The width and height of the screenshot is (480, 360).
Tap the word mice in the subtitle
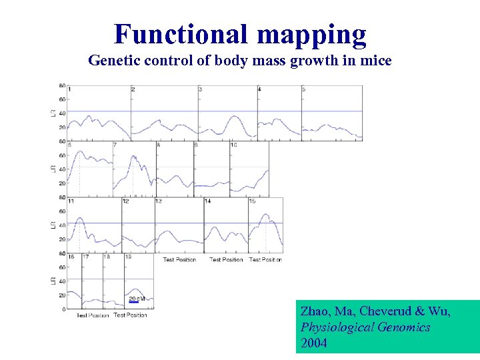pyautogui.click(x=377, y=61)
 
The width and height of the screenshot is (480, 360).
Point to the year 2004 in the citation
pyautogui.click(x=314, y=343)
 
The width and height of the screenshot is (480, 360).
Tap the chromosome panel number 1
pyautogui.click(x=69, y=89)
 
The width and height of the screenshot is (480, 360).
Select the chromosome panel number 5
pyautogui.click(x=304, y=89)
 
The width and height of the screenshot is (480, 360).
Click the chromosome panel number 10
pyautogui.click(x=233, y=145)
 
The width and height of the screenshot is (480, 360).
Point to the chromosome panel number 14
pyautogui.click(x=207, y=201)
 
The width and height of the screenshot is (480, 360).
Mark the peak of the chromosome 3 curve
pyautogui.click(x=233, y=116)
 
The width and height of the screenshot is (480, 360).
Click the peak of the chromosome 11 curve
pyautogui.click(x=80, y=217)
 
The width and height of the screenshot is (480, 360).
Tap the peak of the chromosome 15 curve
pyautogui.click(x=266, y=215)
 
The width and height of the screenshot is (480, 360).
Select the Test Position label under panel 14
pyautogui.click(x=226, y=259)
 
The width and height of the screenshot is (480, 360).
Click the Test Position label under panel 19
pyautogui.click(x=130, y=315)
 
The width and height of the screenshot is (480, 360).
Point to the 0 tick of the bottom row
pyautogui.click(x=63, y=309)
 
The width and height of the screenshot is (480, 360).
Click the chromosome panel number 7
pyautogui.click(x=115, y=145)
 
